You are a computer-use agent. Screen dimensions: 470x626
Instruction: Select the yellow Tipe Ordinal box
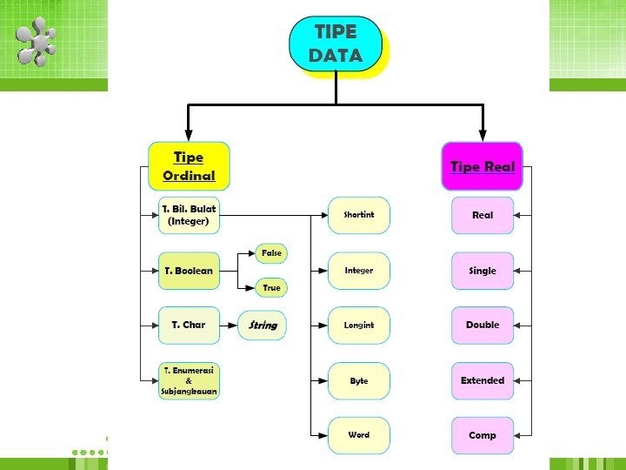(x=189, y=167)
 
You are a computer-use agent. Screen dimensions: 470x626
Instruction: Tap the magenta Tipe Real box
(x=482, y=166)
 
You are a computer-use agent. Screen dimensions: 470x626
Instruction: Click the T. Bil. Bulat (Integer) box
(x=189, y=215)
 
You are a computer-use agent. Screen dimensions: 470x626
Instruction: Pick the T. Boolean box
(x=189, y=271)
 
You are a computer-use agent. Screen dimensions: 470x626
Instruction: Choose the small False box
(x=271, y=253)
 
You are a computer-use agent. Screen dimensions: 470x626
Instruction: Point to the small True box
(x=271, y=287)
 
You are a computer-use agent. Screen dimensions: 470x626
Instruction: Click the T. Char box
(x=189, y=325)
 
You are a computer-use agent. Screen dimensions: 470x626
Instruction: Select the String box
(x=263, y=326)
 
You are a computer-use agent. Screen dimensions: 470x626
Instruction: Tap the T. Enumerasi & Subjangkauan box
(x=189, y=380)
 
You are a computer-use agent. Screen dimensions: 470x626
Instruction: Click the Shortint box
(x=358, y=215)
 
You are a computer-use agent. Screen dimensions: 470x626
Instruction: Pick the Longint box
(x=358, y=325)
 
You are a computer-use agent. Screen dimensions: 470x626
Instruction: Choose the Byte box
(x=358, y=380)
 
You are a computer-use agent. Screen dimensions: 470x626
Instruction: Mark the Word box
(x=358, y=435)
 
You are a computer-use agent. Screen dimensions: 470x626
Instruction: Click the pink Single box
(x=483, y=271)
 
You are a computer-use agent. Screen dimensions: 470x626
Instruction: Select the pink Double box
(x=483, y=325)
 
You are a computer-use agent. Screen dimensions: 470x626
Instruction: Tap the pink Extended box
(x=483, y=380)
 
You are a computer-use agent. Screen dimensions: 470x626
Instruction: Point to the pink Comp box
(x=483, y=435)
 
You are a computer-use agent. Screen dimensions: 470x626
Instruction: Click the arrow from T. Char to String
(x=229, y=326)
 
